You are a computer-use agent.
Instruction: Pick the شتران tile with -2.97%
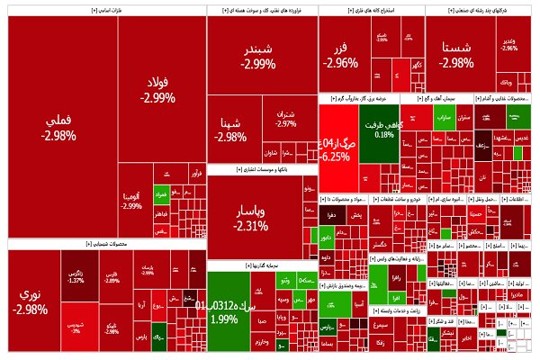[x=286, y=119]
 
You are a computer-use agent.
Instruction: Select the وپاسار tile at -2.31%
[x=251, y=216]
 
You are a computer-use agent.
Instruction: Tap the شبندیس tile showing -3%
[x=76, y=327]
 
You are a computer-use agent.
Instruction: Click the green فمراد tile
[x=162, y=193]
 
